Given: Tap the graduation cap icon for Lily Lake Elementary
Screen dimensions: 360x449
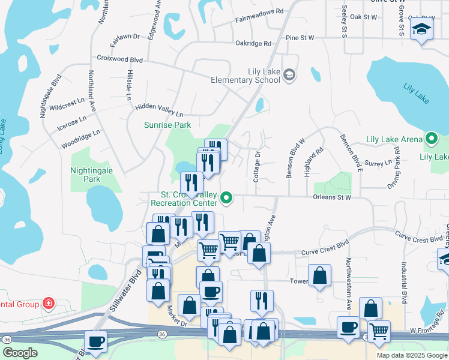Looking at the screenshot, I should [x=289, y=75].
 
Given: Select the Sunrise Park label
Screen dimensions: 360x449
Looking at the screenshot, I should [x=167, y=125].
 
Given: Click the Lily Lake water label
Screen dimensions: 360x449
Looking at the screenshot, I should [x=417, y=94].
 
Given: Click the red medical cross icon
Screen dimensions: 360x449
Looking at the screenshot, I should [x=47, y=304].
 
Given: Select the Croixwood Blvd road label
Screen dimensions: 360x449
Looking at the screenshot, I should [x=120, y=59].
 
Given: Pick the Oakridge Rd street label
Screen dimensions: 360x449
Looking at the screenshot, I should [x=253, y=43].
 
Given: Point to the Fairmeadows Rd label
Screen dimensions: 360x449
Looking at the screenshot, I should [x=259, y=11].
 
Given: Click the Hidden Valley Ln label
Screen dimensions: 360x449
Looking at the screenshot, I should [x=159, y=110].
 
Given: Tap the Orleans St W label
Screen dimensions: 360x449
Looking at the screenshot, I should [x=331, y=197].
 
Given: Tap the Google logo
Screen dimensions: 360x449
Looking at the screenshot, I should [x=20, y=353].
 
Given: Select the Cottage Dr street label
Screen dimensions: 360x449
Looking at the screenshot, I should [x=256, y=166].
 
